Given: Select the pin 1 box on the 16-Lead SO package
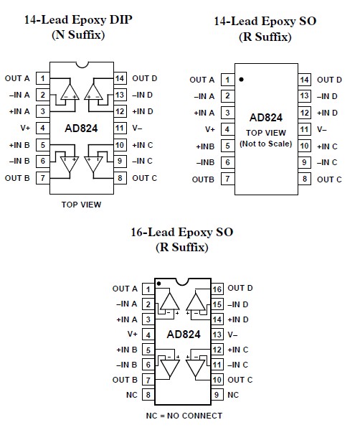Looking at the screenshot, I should [148, 289].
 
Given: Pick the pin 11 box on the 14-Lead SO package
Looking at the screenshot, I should [304, 129].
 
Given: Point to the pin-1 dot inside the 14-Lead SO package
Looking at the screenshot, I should [242, 79].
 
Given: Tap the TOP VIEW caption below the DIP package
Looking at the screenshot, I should [80, 205].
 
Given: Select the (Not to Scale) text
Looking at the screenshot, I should [265, 144].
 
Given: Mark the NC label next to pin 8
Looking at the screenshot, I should [131, 395].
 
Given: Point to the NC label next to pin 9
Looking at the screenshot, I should [233, 395].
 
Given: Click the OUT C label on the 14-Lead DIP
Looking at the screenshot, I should [144, 177].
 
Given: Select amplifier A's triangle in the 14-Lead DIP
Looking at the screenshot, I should [70, 91].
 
